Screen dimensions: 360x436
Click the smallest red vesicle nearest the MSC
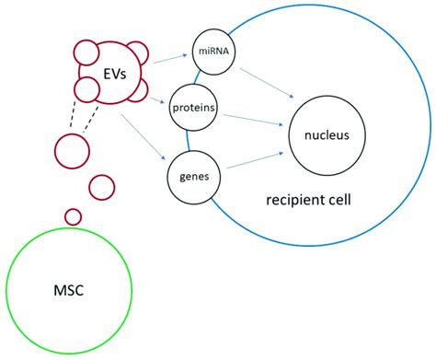[x=73, y=216]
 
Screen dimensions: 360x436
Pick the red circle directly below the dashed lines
[x=72, y=149]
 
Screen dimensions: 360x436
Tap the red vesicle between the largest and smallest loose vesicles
[x=101, y=187]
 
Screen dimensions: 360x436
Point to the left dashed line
[x=72, y=118]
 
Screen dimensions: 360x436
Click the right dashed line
[x=91, y=118]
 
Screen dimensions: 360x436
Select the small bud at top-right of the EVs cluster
[x=136, y=53]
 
